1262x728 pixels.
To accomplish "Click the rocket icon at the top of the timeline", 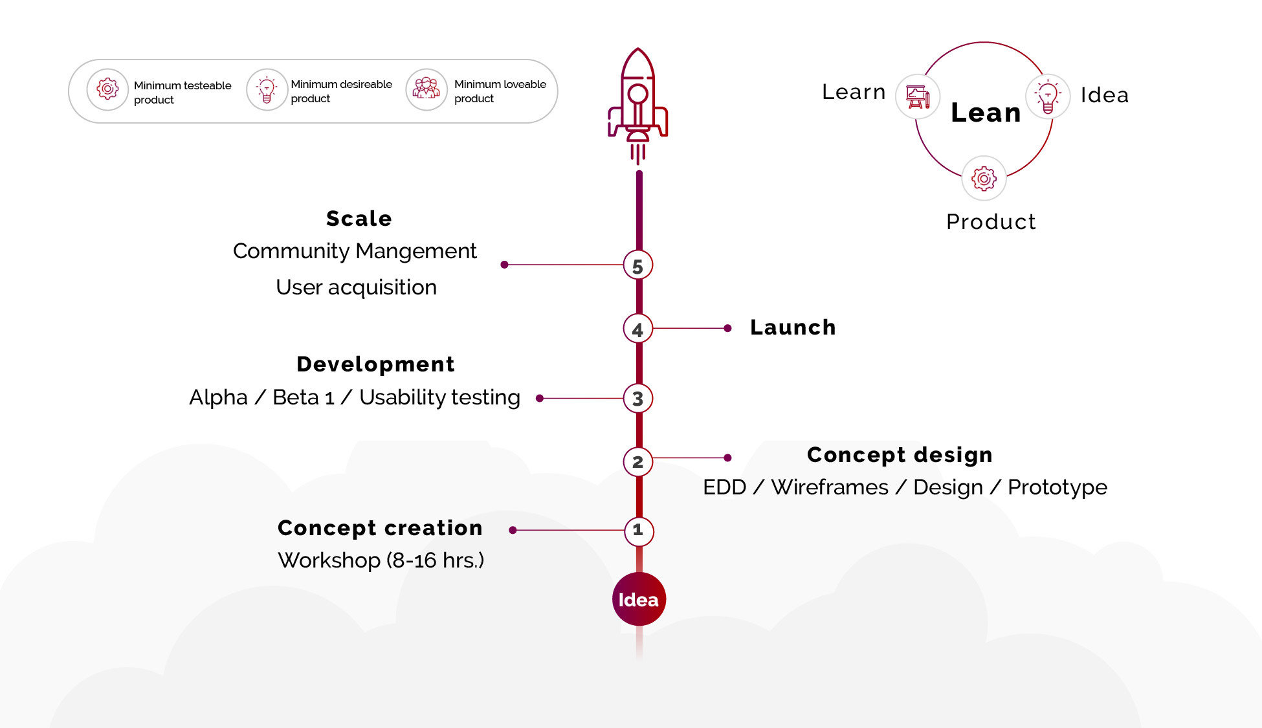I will click(x=638, y=104).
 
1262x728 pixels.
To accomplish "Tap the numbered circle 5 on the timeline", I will click(x=638, y=265).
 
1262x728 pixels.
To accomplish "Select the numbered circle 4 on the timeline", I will click(x=638, y=329).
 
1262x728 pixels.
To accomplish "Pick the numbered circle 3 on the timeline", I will click(x=638, y=399).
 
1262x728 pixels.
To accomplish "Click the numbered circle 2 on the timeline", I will click(x=638, y=462).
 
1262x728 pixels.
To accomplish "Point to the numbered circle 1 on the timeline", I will click(x=639, y=531).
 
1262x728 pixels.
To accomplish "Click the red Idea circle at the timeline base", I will click(x=639, y=599).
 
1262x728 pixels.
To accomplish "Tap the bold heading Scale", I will click(x=359, y=219).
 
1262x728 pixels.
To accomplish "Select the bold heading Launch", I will click(x=793, y=327).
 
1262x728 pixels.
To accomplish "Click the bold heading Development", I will click(x=375, y=364).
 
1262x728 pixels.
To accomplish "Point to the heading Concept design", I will click(x=900, y=455).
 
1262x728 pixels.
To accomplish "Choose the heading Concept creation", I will click(x=380, y=528).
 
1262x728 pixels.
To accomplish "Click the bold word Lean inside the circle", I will click(x=986, y=113).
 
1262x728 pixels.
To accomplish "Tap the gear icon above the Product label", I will click(x=984, y=178).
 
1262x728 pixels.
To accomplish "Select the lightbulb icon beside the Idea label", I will click(x=1048, y=96).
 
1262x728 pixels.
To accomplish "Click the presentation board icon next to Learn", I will click(x=918, y=97).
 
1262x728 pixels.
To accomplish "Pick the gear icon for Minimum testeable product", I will click(x=107, y=89).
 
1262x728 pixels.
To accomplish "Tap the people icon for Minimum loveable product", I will click(x=426, y=89).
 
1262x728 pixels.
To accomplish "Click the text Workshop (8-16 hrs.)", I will click(x=381, y=560).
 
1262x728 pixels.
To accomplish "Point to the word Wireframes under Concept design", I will click(x=830, y=487).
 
